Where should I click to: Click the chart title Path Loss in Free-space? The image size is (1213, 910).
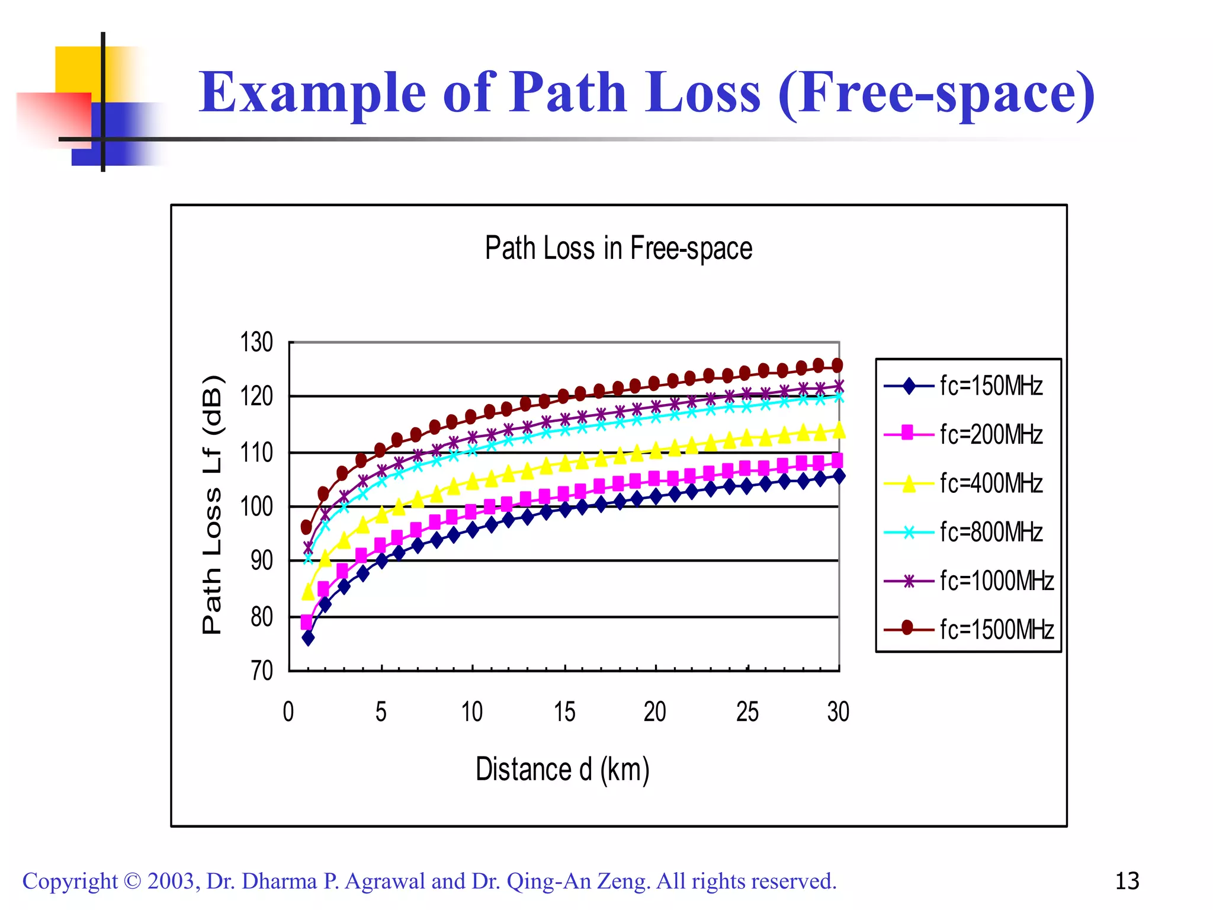pos(618,248)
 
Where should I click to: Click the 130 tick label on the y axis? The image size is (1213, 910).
pos(256,342)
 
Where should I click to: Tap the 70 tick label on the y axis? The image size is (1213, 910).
pos(261,671)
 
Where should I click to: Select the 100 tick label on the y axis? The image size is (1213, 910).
pos(256,507)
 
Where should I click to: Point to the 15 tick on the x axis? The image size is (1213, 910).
pos(564,712)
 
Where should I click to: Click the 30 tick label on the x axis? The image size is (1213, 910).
pos(838,712)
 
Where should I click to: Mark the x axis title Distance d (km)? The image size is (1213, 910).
pos(563,770)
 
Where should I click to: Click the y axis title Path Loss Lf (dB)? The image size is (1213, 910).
pos(212,505)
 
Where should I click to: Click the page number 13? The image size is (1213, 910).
pos(1127,881)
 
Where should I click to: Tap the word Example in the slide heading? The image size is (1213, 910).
pos(312,93)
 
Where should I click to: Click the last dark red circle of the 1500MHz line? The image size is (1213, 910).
pos(837,365)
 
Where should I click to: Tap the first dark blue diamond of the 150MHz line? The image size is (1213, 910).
pos(308,638)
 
